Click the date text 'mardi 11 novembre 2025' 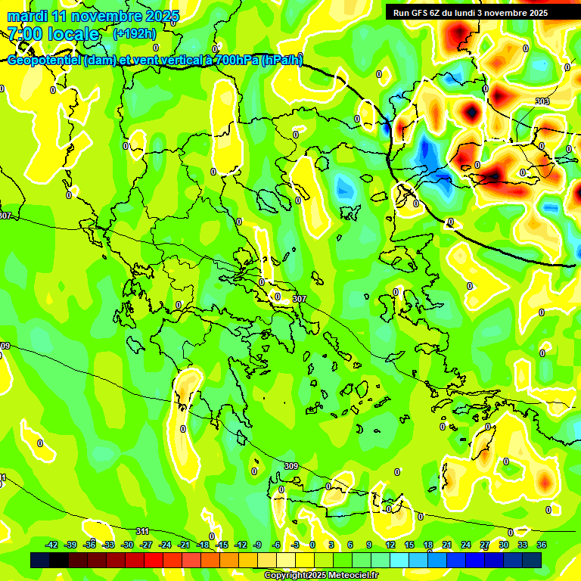pyautogui.click(x=93, y=16)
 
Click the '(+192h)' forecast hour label pyautogui.click(x=135, y=33)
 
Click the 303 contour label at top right pyautogui.click(x=542, y=101)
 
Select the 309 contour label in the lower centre pyautogui.click(x=290, y=465)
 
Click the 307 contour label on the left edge pyautogui.click(x=5, y=216)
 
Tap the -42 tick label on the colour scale pyautogui.click(x=52, y=545)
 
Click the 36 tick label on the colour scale pyautogui.click(x=542, y=545)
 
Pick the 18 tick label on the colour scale pyautogui.click(x=427, y=545)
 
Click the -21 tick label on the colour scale pyautogui.click(x=184, y=545)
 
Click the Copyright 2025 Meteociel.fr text pyautogui.click(x=321, y=575)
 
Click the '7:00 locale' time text pyautogui.click(x=53, y=34)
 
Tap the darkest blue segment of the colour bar pyautogui.click(x=39, y=560)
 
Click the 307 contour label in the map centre pyautogui.click(x=300, y=300)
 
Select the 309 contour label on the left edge pyautogui.click(x=5, y=346)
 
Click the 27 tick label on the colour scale pyautogui.click(x=485, y=545)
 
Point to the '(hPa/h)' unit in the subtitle pyautogui.click(x=281, y=61)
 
